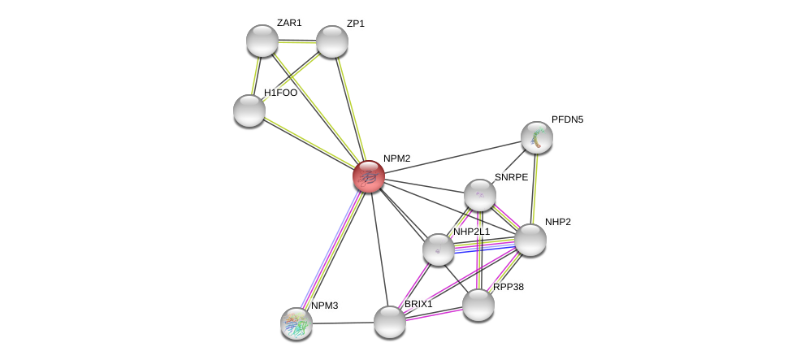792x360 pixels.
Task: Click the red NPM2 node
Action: tap(369, 176)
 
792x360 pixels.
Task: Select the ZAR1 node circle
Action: tap(262, 41)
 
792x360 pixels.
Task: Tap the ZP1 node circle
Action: tap(331, 41)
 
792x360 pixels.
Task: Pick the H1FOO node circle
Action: tap(249, 111)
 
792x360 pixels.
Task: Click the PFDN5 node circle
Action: tap(536, 137)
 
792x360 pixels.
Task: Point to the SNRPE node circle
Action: tap(479, 195)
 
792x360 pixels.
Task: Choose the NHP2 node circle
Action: tap(530, 240)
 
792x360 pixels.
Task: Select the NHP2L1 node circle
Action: tap(439, 249)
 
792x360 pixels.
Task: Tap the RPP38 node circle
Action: tap(478, 305)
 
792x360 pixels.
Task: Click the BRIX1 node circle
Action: tap(390, 322)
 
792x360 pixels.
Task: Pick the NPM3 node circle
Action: tap(296, 323)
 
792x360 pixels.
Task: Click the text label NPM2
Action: tap(396, 158)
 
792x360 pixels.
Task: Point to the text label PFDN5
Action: tap(567, 119)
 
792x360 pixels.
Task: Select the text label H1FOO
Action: tap(280, 93)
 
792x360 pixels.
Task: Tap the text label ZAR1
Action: tap(289, 23)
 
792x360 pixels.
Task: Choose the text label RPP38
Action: tap(509, 287)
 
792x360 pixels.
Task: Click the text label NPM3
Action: tap(324, 306)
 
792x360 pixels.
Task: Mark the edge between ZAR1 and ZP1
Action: tap(297, 41)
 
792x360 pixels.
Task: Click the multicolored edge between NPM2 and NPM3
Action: tap(333, 249)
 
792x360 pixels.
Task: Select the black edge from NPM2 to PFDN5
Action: tap(452, 157)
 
